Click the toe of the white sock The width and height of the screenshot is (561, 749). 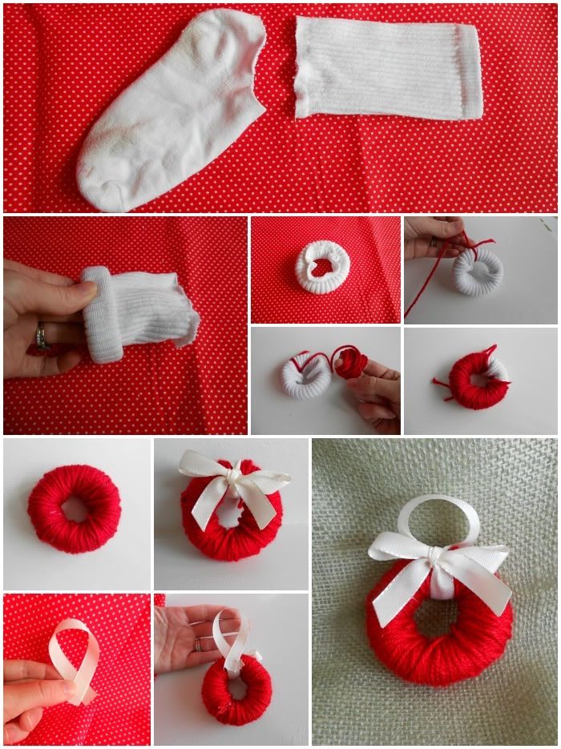coord(100,180)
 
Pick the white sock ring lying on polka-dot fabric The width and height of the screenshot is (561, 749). coord(322,268)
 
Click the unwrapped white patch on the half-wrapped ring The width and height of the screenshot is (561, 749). coord(498,368)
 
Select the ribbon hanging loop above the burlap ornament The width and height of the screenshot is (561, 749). coord(438,517)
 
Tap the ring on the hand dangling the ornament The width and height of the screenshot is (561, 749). coord(198,644)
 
